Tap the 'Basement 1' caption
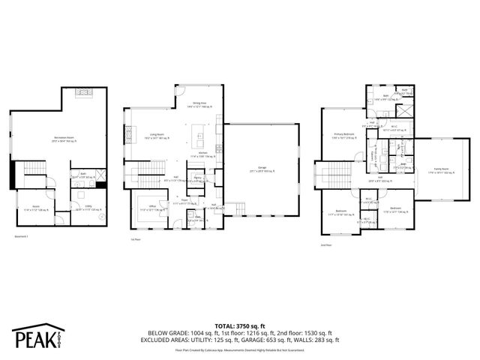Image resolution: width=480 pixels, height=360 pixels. coord(20,237)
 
